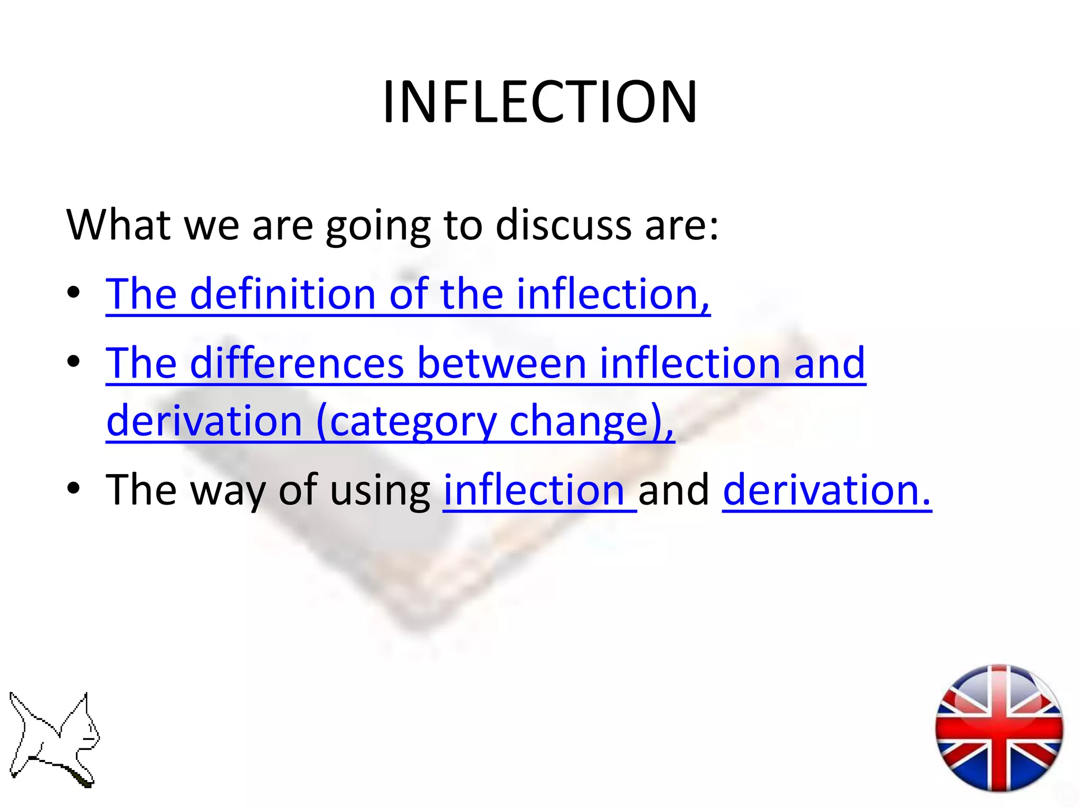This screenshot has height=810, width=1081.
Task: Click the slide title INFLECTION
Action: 539,102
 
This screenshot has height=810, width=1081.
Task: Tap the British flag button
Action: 999,728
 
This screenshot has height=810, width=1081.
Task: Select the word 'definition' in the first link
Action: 282,294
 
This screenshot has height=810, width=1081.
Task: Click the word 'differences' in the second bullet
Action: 297,363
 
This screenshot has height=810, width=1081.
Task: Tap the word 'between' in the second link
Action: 501,363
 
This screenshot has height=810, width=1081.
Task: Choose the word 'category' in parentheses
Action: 413,421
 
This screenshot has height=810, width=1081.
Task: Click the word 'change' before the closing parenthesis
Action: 579,421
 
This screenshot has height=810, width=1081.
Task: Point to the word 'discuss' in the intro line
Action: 563,225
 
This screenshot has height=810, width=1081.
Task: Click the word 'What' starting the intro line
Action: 118,225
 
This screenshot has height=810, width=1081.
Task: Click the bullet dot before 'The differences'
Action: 74,361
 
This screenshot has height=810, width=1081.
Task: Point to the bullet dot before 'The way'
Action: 74,488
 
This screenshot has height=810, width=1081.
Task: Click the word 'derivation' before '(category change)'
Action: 204,421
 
